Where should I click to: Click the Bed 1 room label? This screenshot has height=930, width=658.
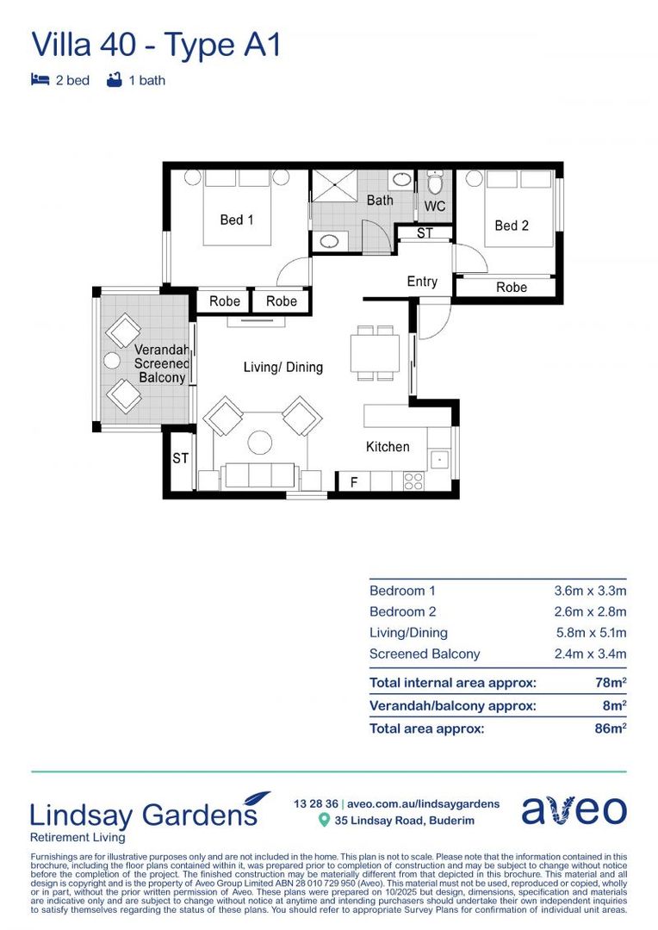(x=237, y=220)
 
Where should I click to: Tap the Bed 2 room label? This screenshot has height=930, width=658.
(x=512, y=226)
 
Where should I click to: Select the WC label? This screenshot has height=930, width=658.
(x=435, y=207)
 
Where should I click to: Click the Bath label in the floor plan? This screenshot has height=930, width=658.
(x=380, y=200)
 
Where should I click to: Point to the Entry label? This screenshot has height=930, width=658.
(x=422, y=282)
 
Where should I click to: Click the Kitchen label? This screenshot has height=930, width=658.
(x=388, y=446)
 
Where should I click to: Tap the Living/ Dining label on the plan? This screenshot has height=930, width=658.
(x=283, y=367)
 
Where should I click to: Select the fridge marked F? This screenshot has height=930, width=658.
(x=353, y=483)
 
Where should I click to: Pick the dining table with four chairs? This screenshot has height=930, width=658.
(x=375, y=352)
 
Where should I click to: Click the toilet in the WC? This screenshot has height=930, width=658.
(x=435, y=184)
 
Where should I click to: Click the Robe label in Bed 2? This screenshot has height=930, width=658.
(x=512, y=288)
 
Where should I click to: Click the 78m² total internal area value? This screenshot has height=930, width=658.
(x=613, y=683)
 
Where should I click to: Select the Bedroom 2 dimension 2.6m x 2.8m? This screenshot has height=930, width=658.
(x=590, y=611)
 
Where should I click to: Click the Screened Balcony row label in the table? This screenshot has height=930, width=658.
(x=424, y=654)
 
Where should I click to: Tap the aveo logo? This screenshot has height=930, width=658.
(x=574, y=810)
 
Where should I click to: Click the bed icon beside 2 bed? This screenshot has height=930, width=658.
(x=40, y=80)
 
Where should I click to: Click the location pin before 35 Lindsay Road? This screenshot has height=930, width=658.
(x=324, y=821)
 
